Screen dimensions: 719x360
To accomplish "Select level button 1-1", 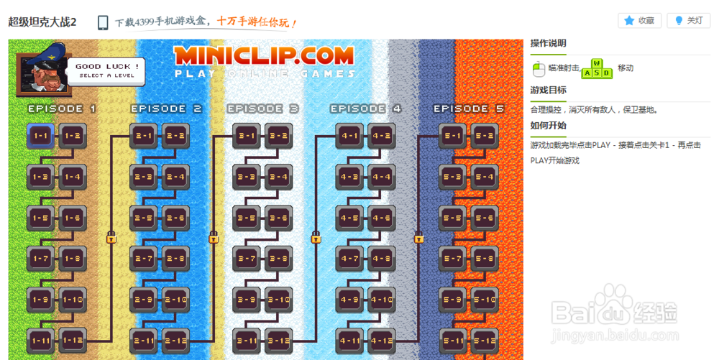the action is pos(40,135).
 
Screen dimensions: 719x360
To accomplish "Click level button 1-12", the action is pos(72,340).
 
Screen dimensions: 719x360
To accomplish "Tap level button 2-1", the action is pos(143,135).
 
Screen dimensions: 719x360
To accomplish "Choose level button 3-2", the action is pos(278,135).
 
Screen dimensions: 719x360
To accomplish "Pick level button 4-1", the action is pos(349,135).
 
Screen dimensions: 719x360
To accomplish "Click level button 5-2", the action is pos(485,135).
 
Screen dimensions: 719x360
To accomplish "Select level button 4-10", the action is pos(381,299).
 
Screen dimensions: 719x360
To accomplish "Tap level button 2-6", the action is pos(175,217).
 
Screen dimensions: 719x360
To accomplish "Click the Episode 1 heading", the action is pos(62,109).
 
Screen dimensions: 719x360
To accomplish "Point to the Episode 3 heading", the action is pos(263,109).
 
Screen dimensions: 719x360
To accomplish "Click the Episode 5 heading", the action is pos(469,109).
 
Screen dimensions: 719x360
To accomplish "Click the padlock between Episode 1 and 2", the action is pos(111,237).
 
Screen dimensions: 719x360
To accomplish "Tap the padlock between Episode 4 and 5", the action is pos(418,237).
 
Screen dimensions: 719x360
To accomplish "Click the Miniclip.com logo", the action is pos(264,55).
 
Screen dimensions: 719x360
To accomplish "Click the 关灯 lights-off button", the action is pos(688,20).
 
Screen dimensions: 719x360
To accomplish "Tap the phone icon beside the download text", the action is pos(104,22).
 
